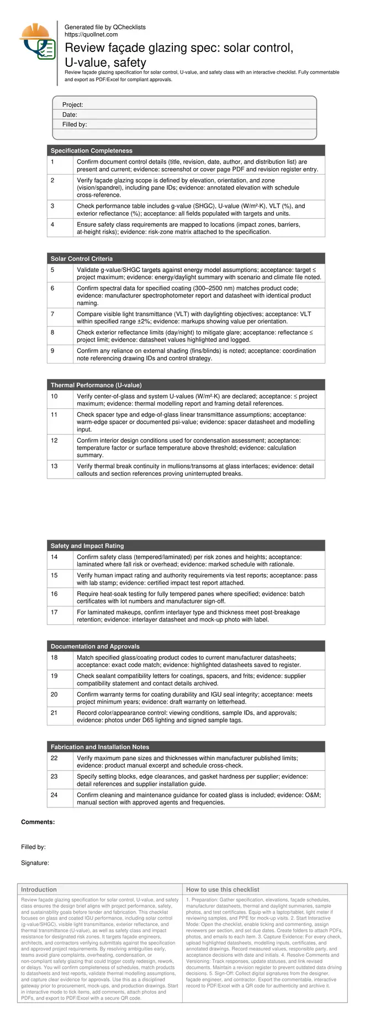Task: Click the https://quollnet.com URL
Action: coord(91,34)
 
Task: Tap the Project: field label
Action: coord(73,104)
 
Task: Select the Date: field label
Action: coord(70,114)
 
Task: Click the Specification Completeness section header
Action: coord(92,150)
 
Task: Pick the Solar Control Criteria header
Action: coord(82,259)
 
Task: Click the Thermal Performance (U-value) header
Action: coord(96,385)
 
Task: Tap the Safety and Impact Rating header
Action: coord(87,545)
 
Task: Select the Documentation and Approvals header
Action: coord(95,646)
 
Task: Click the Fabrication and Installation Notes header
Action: coord(100,747)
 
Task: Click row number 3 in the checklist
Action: coord(52,206)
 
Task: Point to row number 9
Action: coord(52,351)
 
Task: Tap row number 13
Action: coord(54,466)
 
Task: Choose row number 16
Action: coord(54,594)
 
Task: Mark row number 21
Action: coord(54,713)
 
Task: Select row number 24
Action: coord(54,795)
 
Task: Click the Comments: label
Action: coord(38,822)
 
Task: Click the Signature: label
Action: coord(35,863)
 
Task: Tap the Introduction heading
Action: coord(39,890)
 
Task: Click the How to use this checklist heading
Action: coord(223,890)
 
